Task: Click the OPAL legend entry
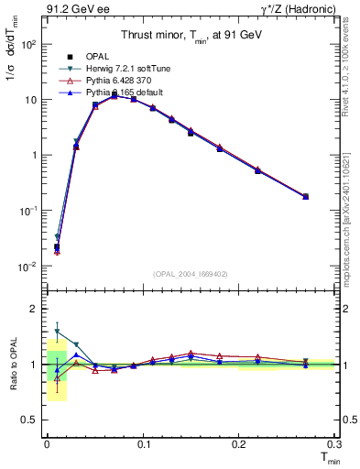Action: (x=97, y=56)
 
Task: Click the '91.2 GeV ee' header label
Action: (x=74, y=9)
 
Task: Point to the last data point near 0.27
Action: (x=305, y=196)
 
